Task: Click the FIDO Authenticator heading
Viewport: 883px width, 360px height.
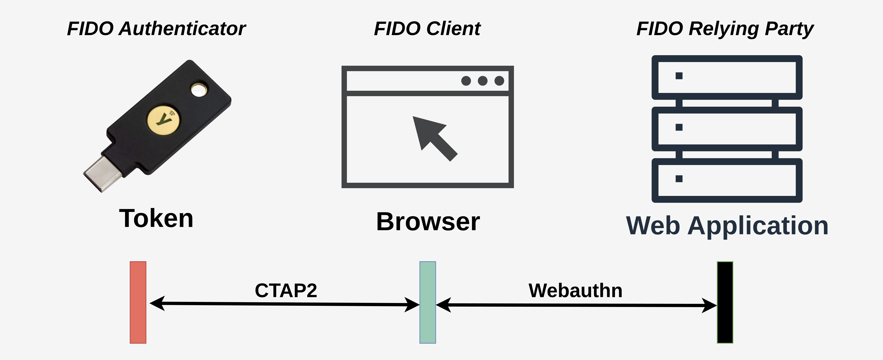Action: coord(156,28)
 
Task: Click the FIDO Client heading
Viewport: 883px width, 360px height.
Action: coord(427,28)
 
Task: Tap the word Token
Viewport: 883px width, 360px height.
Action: coord(156,218)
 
